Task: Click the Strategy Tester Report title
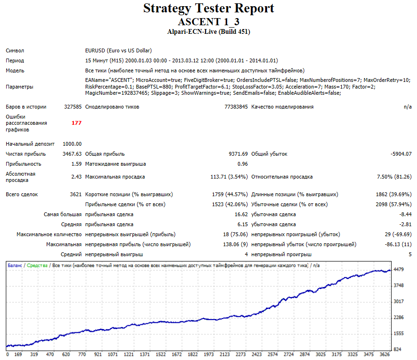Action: tap(208, 9)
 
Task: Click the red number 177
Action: tap(76, 123)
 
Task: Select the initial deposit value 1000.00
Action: tap(72, 144)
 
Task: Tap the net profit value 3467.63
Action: tap(72, 154)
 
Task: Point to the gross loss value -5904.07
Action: tap(401, 154)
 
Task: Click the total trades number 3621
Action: tap(76, 194)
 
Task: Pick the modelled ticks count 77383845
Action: tap(236, 107)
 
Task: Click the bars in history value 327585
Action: tap(73, 107)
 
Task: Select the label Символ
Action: tap(15, 50)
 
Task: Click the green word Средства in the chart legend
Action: tap(37, 266)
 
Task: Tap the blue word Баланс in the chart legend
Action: tap(15, 266)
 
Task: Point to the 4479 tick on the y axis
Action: tap(398, 270)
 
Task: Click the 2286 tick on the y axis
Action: tap(398, 318)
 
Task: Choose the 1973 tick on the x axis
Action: tap(209, 354)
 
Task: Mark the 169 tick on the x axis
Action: tap(18, 354)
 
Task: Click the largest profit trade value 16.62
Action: tap(241, 214)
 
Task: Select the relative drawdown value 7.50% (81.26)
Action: tap(394, 177)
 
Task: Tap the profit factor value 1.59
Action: tap(77, 164)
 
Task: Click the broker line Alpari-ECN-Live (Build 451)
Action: tap(208, 31)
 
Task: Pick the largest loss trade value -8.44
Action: tap(405, 214)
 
